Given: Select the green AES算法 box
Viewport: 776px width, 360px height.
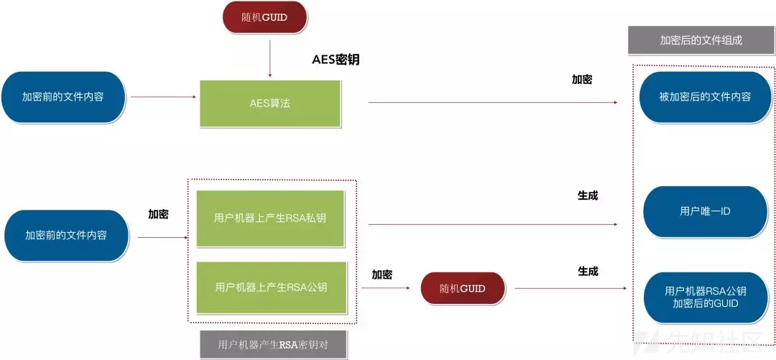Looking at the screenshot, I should click(269, 103).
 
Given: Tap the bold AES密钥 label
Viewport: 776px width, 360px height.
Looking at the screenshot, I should click(335, 60).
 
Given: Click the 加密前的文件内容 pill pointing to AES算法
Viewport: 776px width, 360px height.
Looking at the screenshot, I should click(63, 96).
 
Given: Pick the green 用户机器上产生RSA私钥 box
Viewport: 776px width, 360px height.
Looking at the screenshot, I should click(270, 218).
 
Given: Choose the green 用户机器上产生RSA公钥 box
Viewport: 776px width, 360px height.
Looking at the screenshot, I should click(270, 287).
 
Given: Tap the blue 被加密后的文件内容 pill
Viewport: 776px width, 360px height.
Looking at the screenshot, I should click(705, 96).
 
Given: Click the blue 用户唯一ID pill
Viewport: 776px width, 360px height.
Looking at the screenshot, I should click(705, 211).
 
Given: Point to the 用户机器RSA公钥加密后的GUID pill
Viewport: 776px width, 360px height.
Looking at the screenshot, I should click(705, 297).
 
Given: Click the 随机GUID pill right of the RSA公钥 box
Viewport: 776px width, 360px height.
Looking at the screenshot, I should click(462, 289).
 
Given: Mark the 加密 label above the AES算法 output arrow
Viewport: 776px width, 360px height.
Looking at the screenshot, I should click(582, 80).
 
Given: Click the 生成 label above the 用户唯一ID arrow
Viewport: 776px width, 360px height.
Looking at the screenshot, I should click(588, 195).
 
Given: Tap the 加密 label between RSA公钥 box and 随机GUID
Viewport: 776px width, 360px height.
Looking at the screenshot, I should click(382, 274).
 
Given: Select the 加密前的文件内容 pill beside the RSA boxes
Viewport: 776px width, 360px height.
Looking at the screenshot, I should click(66, 235).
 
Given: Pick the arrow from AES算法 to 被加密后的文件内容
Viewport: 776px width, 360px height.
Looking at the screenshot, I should click(492, 103).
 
